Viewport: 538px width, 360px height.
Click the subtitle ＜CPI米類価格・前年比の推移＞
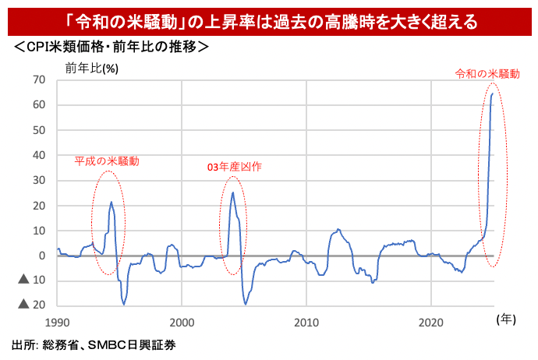(110, 48)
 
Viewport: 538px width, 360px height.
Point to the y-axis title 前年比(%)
(92, 67)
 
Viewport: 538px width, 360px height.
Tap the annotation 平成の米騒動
(107, 161)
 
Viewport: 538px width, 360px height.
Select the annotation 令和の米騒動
(487, 74)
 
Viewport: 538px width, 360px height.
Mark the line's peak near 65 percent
(493, 94)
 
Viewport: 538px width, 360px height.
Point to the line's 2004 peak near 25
(232, 192)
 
